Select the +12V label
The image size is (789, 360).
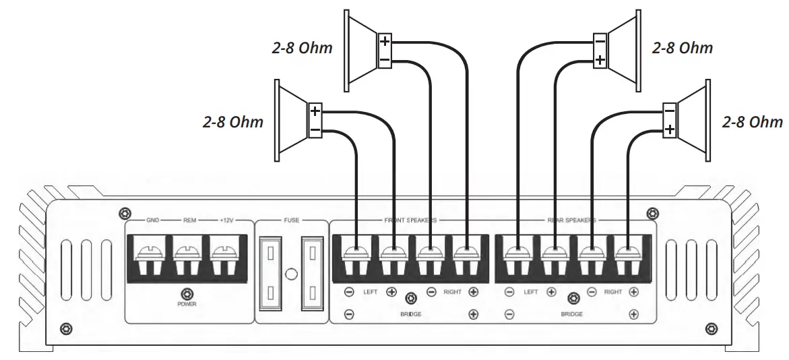[226, 220]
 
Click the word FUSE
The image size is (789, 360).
[292, 220]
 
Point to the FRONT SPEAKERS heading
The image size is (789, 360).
[410, 220]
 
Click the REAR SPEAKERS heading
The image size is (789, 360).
[571, 220]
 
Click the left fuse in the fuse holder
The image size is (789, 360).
[271, 272]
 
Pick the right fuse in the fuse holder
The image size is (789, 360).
[313, 272]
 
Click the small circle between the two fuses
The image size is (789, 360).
[292, 274]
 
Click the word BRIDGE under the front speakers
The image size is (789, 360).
[410, 315]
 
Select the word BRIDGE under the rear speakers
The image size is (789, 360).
[572, 315]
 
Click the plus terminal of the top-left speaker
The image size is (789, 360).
[385, 42]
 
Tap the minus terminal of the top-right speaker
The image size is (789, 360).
[600, 42]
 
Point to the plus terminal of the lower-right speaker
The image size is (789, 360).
[669, 129]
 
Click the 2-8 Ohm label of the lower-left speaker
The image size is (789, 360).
[233, 122]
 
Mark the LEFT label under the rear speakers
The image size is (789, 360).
[531, 293]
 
